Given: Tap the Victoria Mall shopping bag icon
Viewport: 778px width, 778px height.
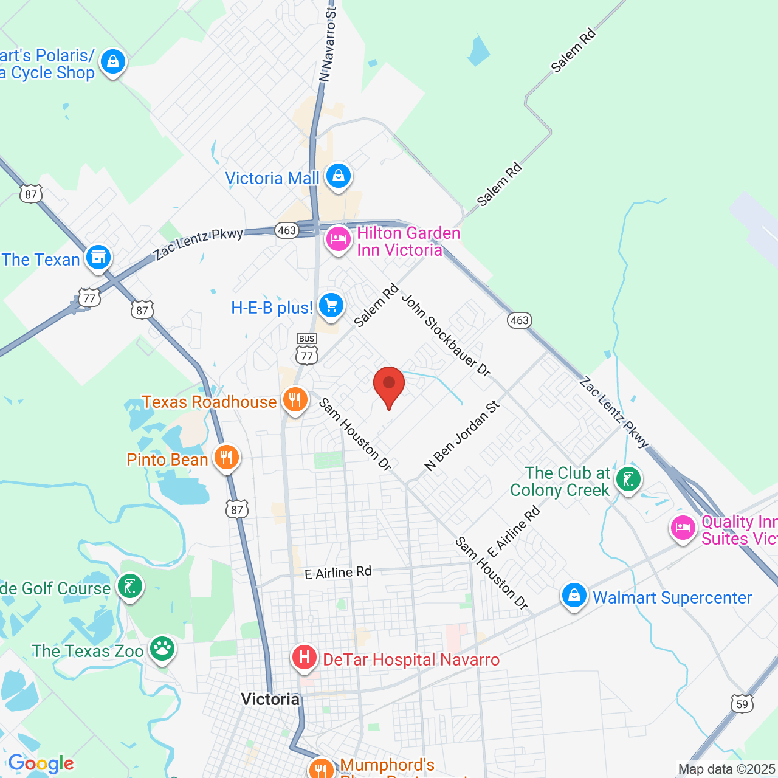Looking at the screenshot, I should pos(338,176).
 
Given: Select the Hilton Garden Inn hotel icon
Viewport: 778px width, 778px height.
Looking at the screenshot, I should pos(338,239).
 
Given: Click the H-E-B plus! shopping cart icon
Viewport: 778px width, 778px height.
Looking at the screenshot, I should pos(331,305).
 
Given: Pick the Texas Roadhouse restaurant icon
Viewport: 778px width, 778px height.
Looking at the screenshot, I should pos(295,400).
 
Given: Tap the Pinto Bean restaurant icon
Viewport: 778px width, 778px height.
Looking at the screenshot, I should pos(226,458).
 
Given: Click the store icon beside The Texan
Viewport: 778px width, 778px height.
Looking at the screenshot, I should pos(98,258).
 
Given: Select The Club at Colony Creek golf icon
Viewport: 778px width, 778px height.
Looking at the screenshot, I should pos(628,480).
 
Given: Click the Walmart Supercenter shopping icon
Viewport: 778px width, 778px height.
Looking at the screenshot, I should pos(574,596).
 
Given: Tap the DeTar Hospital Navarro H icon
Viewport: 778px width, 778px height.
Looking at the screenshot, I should pos(304,658).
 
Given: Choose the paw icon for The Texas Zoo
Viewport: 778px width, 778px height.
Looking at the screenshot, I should pos(162,649).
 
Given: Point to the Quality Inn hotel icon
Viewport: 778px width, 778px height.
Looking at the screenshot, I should pos(683,528).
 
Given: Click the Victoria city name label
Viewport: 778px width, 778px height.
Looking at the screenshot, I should pos(270,699).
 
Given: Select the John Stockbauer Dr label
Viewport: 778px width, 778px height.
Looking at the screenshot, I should pos(446,336).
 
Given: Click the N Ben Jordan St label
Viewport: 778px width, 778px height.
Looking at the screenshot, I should pos(462,436).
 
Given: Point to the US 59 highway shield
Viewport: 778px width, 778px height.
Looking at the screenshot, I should pos(742,704).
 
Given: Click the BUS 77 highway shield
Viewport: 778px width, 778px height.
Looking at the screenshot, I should pos(307,348).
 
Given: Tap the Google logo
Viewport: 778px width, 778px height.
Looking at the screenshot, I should pos(41,763).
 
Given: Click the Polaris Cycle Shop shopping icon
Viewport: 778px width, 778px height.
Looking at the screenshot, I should pos(112,62).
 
